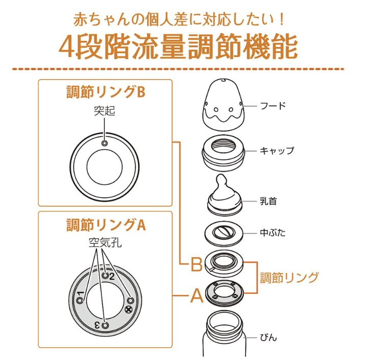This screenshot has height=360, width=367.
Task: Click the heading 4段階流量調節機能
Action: pos(178,47)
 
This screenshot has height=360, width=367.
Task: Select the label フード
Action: pos(273,106)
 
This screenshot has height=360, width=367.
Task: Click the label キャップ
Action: pos(277,151)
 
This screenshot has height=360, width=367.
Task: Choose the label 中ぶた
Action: pos(273,233)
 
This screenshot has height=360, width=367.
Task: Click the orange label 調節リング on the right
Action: pos(289,278)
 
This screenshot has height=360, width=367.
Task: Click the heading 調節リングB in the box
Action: pos(106,92)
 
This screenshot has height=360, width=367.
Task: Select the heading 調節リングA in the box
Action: pos(106,225)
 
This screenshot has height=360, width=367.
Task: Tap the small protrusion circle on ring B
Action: pos(105,144)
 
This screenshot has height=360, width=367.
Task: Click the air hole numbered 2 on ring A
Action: pos(105,275)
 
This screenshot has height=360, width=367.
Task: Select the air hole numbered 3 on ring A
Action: pos(105,325)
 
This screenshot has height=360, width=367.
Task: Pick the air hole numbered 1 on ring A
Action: pos(80,301)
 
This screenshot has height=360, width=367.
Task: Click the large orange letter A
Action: pos(197,296)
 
